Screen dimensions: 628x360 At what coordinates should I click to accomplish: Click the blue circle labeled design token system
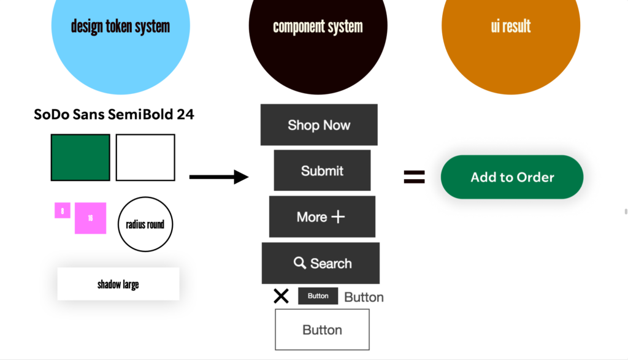(120, 37)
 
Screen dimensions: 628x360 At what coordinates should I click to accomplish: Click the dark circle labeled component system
(318, 37)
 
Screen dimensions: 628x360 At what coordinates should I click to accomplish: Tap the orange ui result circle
(510, 37)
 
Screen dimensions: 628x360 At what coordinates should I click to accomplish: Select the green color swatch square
(80, 158)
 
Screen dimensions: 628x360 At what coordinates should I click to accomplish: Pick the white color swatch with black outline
(145, 158)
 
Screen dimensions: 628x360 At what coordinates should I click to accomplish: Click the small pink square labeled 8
(63, 210)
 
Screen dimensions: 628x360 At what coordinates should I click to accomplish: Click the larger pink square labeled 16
(91, 218)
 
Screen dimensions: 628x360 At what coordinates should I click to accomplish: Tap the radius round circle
(145, 224)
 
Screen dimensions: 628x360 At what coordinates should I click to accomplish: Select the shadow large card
(118, 284)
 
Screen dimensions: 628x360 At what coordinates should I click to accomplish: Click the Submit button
(322, 170)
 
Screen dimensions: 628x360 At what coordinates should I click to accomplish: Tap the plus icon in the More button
(338, 217)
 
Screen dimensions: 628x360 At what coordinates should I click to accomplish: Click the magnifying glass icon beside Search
(300, 263)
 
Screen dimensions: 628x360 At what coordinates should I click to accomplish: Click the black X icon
(281, 296)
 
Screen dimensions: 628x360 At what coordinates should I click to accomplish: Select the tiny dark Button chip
(318, 296)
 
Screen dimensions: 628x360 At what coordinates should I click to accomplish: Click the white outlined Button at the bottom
(322, 329)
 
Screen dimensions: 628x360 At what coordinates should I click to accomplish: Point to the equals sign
(414, 177)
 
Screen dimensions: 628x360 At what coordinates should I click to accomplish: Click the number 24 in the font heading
(185, 114)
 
